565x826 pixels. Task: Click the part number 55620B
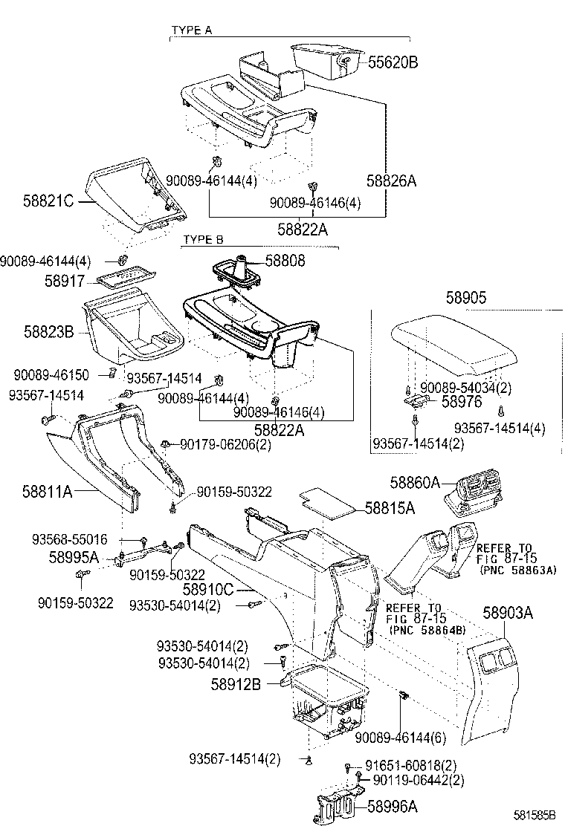[393, 62]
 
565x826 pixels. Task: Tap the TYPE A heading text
[192, 30]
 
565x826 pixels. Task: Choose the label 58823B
[48, 333]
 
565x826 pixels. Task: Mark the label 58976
[462, 401]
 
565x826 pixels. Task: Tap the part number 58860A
[415, 482]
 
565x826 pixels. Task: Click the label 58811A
[47, 491]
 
